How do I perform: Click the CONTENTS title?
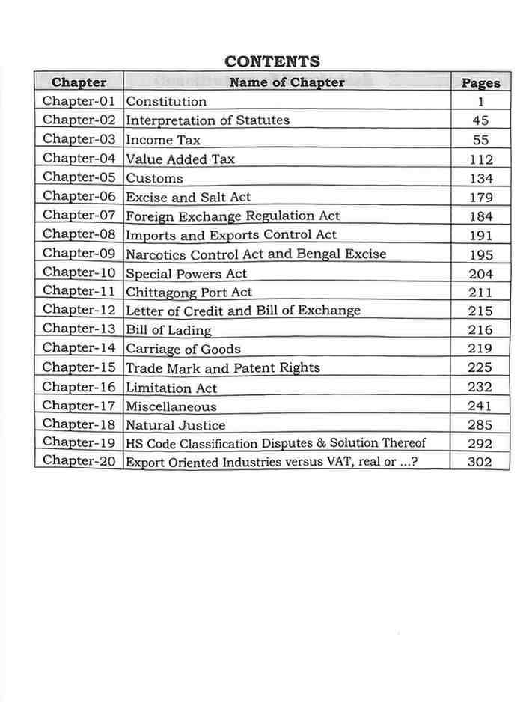(272, 61)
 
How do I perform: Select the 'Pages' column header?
(480, 83)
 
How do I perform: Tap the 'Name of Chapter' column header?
(287, 82)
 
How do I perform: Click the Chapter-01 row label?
(79, 101)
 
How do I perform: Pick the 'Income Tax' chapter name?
(163, 140)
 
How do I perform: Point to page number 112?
(481, 159)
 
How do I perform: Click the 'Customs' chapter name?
(154, 178)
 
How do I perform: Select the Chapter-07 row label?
(79, 216)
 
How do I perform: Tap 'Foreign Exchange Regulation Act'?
(233, 216)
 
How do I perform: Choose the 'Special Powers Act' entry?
(186, 274)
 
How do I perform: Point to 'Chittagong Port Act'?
(189, 293)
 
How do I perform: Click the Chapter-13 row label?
(79, 329)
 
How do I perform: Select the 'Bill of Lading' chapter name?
(168, 330)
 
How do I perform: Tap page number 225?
(480, 367)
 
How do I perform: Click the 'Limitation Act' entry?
(171, 388)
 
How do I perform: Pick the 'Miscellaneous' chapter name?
(171, 406)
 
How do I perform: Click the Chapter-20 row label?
(79, 461)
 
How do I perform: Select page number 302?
(480, 462)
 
